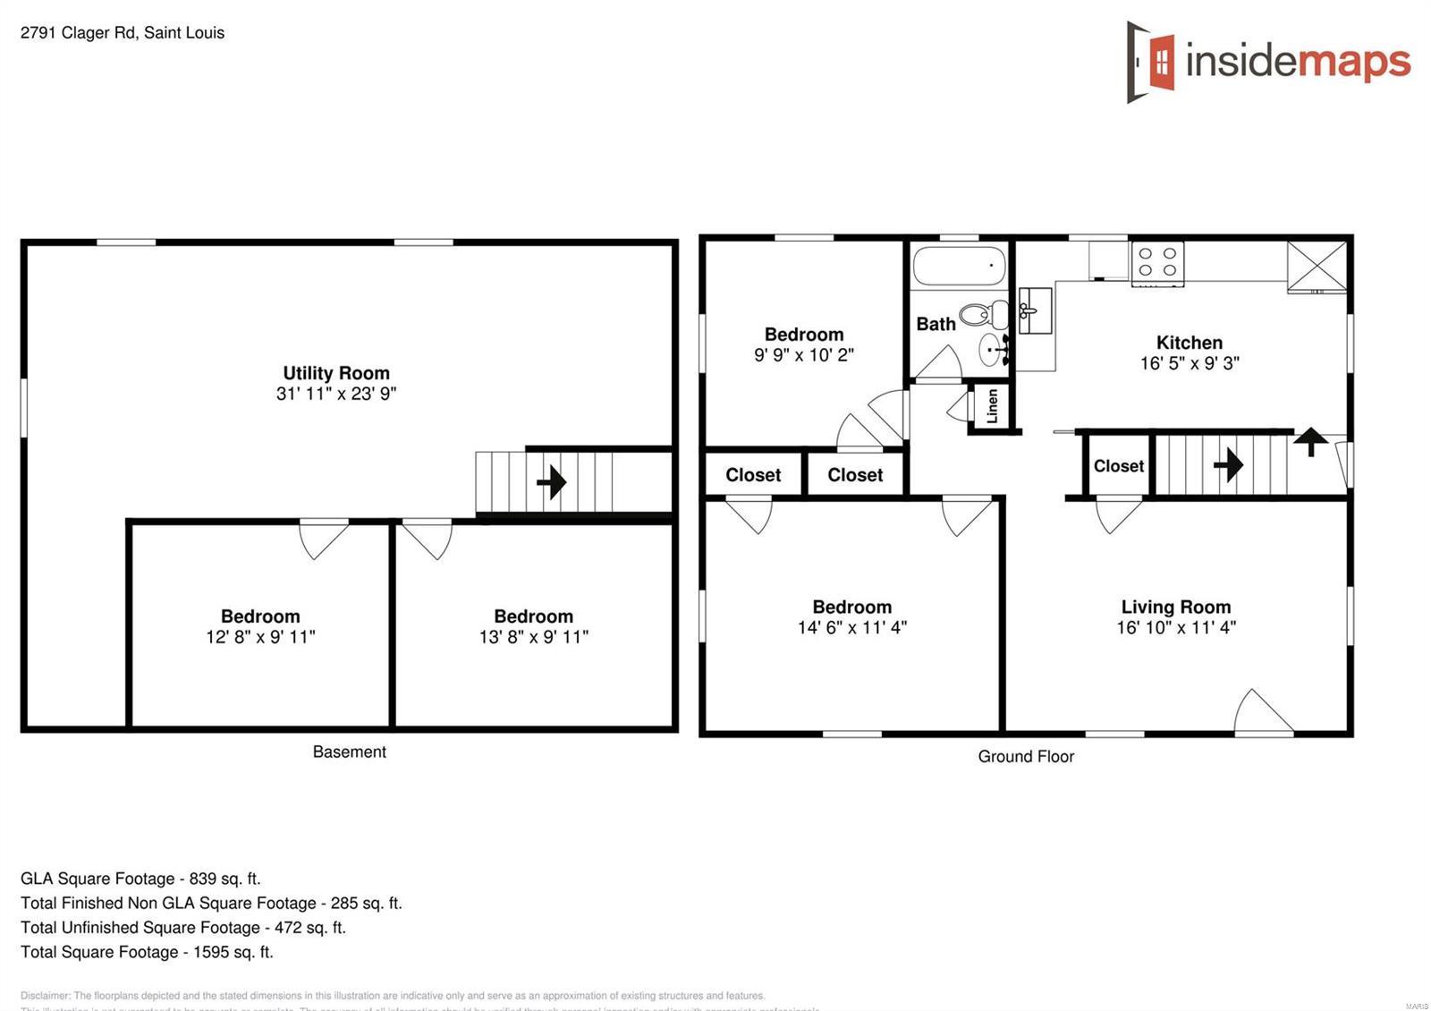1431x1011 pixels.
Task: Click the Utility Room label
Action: coord(335,373)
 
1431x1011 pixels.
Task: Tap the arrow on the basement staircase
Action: coord(552,482)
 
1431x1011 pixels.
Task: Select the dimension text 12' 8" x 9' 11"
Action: coord(260,637)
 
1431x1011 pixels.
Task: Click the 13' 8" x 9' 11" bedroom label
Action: coord(533,616)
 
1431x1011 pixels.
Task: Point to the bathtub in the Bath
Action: coord(958,266)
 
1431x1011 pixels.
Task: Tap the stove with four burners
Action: coord(1157,263)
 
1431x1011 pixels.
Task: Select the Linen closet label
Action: coord(992,406)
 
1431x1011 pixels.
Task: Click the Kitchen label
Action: coord(1189,343)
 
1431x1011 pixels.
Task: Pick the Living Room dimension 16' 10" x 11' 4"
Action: coord(1175,628)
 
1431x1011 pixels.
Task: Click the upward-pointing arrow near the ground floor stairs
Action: coord(1310,441)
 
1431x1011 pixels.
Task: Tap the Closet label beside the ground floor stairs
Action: coord(1118,466)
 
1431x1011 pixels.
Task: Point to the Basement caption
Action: coord(349,752)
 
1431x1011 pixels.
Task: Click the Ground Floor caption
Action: coord(1025,757)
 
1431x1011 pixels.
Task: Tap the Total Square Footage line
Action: coord(147,952)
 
